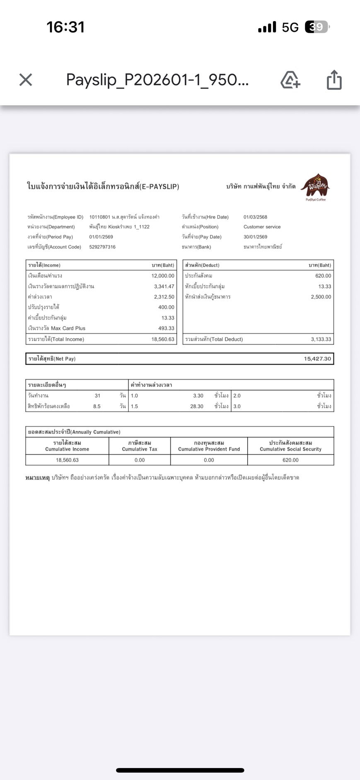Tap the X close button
click(26, 79)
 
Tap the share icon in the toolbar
click(334, 79)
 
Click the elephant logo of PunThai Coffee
click(316, 186)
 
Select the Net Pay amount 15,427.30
click(317, 359)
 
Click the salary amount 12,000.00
click(163, 276)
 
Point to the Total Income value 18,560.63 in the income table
click(163, 339)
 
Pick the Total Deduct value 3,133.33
click(321, 339)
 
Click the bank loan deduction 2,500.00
click(321, 297)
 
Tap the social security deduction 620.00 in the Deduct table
click(323, 276)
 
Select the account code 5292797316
click(102, 247)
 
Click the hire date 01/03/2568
click(255, 217)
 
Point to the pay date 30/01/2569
click(255, 237)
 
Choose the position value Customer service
click(262, 227)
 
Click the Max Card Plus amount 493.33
click(166, 328)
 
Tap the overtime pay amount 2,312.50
click(164, 297)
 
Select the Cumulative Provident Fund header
click(209, 446)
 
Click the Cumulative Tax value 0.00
click(140, 460)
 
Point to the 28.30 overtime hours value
click(197, 406)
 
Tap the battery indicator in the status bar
click(317, 27)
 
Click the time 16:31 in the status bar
click(65, 27)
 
